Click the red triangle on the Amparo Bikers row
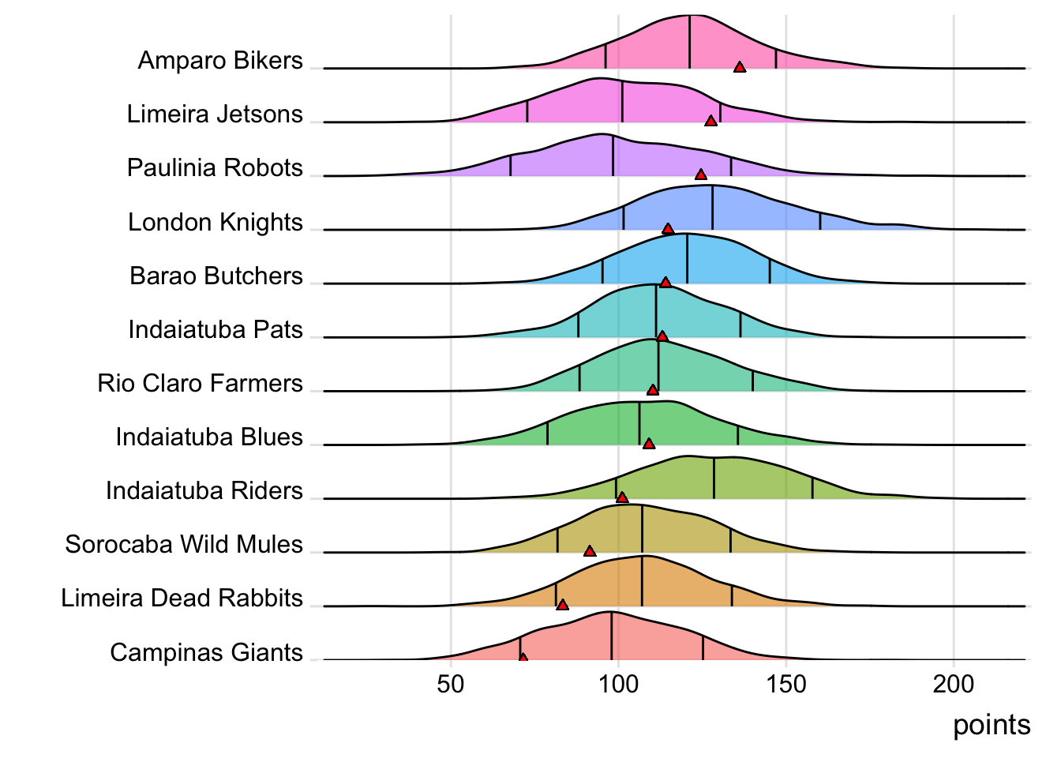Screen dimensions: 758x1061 (740, 67)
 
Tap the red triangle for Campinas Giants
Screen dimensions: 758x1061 (523, 657)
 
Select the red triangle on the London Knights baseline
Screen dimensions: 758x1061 (668, 229)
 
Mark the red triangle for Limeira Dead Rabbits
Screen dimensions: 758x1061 (562, 605)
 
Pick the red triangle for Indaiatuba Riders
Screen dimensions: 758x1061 (622, 497)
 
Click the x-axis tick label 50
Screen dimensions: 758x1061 (451, 684)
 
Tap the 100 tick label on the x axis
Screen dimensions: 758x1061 (618, 684)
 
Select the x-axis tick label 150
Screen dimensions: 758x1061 (786, 684)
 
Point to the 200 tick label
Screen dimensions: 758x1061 (954, 684)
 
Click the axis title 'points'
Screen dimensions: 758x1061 (992, 725)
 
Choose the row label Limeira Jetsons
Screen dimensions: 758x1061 (215, 114)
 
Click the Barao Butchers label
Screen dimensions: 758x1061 (216, 276)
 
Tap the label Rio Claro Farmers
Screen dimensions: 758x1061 (200, 384)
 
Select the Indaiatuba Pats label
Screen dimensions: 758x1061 (216, 330)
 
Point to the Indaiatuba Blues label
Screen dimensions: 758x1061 (209, 437)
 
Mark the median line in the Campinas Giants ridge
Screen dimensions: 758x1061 (612, 636)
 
